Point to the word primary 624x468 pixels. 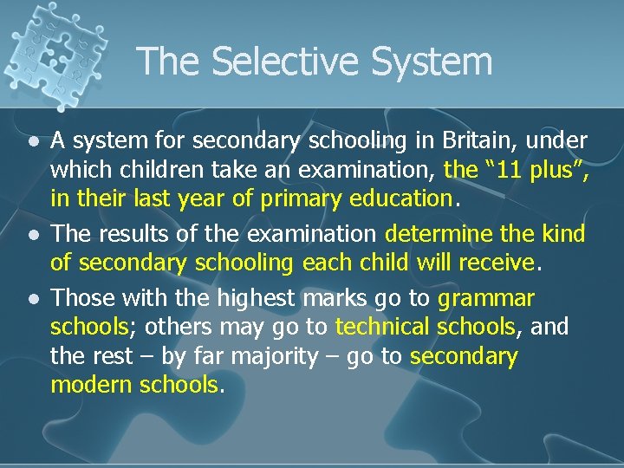coord(298,198)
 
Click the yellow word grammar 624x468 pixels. coord(486,299)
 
